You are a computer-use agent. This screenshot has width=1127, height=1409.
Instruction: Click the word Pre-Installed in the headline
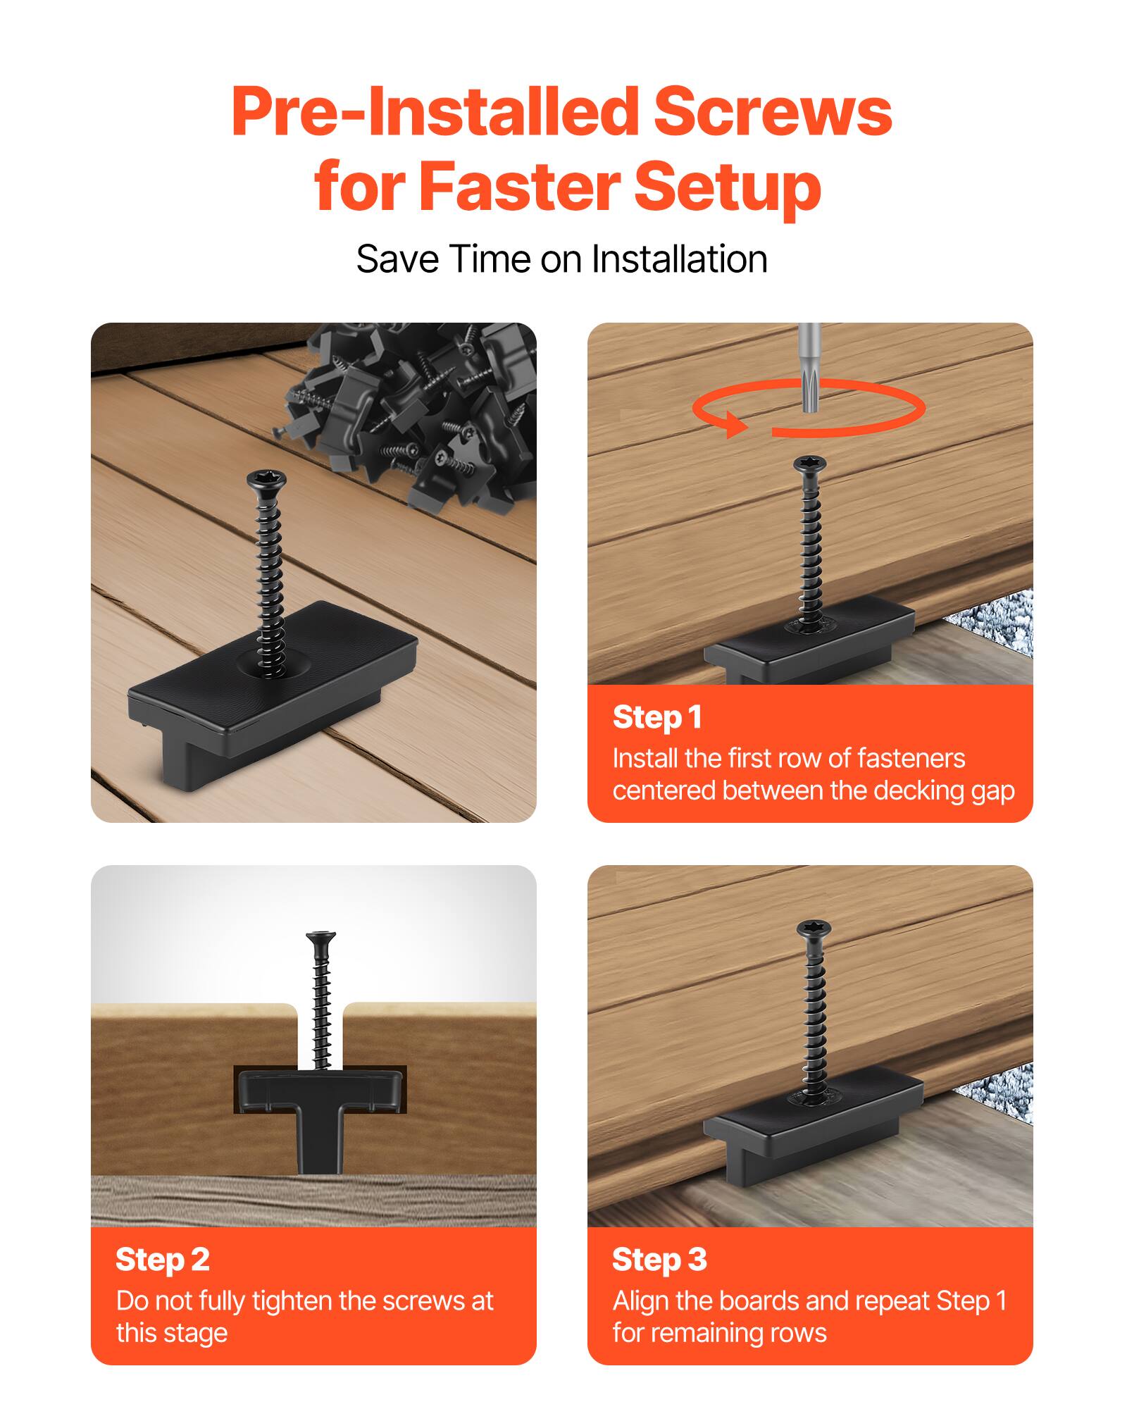434,113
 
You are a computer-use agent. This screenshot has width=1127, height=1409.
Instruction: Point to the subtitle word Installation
679,259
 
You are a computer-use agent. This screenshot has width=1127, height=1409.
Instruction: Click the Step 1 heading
657,717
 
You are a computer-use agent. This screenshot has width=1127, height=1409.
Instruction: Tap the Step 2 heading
163,1260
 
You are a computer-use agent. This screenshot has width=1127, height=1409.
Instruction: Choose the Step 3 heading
659,1260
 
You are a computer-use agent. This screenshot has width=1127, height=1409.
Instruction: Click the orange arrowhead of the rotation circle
737,425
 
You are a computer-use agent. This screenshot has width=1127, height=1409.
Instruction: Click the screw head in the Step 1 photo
809,465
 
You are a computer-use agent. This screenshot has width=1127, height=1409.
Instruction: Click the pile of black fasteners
416,409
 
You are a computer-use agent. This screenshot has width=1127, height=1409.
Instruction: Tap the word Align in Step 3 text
640,1301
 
